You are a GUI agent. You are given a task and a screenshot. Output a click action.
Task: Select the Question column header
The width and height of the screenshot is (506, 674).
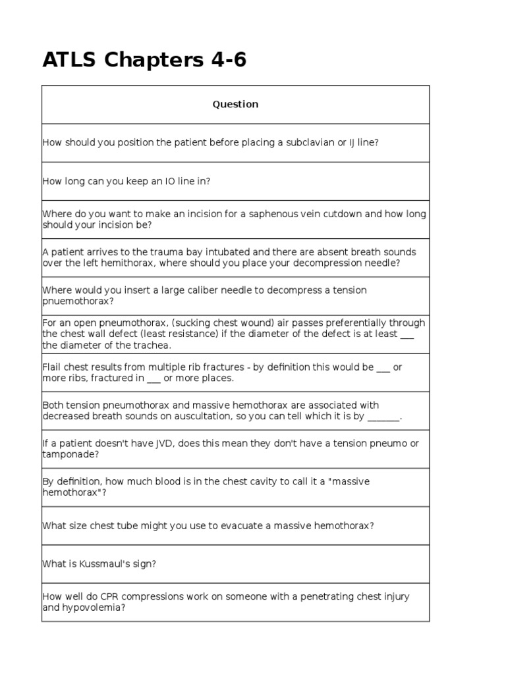coord(235,104)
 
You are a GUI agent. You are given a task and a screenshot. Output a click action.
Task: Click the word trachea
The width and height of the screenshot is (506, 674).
coord(151,346)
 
